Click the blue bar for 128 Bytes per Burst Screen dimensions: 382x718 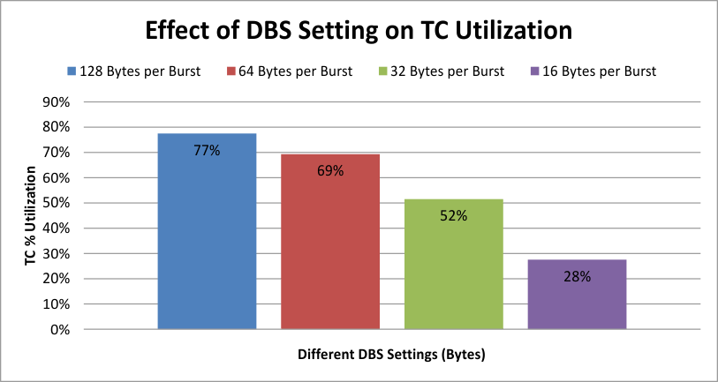point(207,247)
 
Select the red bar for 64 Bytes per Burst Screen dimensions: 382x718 point(330,256)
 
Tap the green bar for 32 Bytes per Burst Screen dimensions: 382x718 point(454,273)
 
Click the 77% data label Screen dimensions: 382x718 point(207,151)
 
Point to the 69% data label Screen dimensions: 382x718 point(330,170)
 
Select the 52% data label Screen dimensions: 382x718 point(454,214)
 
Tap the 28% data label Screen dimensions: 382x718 point(578,276)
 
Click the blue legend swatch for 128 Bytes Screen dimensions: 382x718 point(71,71)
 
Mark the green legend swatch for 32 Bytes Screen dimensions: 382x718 point(382,71)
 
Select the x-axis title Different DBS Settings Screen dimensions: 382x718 point(392,355)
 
